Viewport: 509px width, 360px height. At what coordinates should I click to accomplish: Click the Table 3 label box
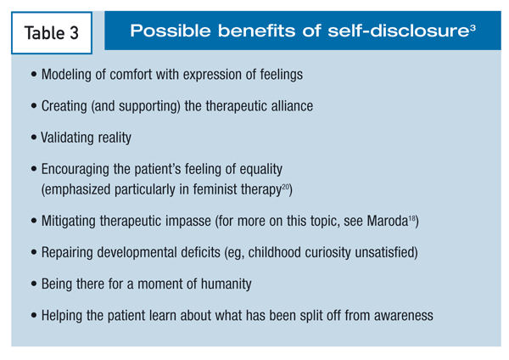pos(52,33)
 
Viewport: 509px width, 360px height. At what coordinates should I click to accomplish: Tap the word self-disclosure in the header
pos(398,31)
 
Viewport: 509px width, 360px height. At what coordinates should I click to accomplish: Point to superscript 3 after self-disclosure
pos(473,27)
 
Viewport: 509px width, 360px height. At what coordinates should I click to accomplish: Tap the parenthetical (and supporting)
pos(136,106)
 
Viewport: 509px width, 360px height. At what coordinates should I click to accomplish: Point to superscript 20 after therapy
pos(285,186)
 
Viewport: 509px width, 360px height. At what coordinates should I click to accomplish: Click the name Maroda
pos(388,221)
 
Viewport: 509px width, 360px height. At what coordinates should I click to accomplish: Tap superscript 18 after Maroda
pos(411,218)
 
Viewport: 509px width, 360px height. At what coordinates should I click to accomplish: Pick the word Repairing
pos(67,253)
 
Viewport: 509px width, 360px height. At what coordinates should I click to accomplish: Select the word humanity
pos(226,284)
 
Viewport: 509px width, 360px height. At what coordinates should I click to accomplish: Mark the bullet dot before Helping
pos(34,316)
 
